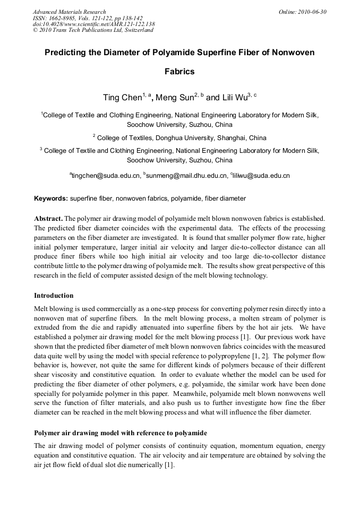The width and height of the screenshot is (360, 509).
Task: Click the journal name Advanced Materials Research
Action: tap(69, 12)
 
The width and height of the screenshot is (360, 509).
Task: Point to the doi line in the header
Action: tap(93, 24)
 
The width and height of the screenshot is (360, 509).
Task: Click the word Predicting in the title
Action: tap(66, 53)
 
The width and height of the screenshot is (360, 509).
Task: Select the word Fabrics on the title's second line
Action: tap(179, 71)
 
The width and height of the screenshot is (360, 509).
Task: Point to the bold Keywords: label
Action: tap(51, 199)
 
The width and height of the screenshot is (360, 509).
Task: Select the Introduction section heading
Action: tap(54, 296)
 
